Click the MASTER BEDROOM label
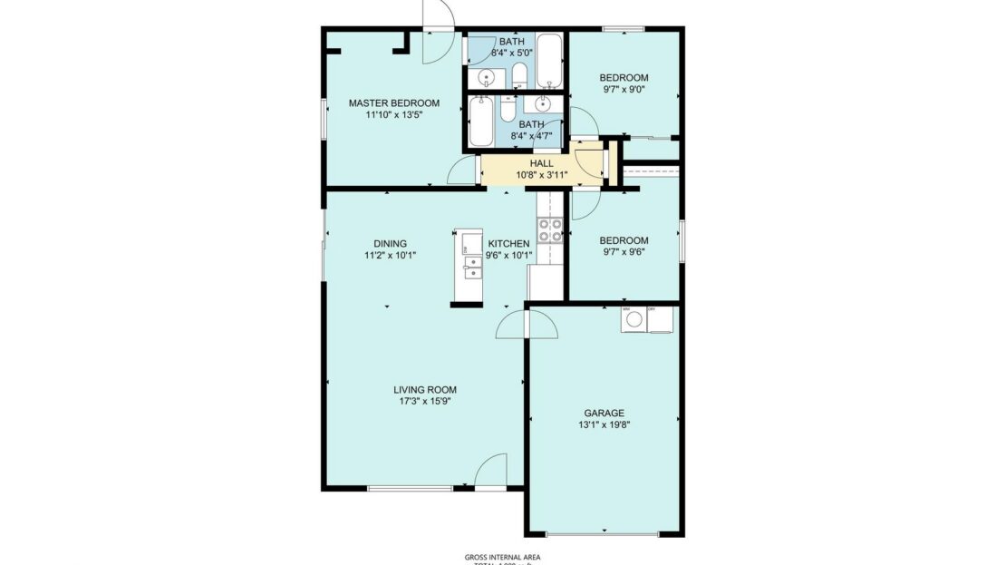click(394, 103)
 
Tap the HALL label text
click(541, 163)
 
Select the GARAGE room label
click(603, 413)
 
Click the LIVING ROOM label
click(425, 390)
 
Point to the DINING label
click(390, 243)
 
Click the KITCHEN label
click(508, 243)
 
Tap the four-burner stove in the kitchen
click(549, 230)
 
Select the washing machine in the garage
click(633, 319)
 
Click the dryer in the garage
click(661, 319)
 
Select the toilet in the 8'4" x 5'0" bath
click(519, 74)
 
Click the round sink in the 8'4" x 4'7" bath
click(544, 103)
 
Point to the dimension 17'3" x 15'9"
click(425, 402)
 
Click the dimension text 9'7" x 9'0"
click(624, 90)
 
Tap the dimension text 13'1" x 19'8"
click(603, 424)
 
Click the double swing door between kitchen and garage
click(526, 323)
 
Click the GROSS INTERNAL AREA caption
click(502, 557)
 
